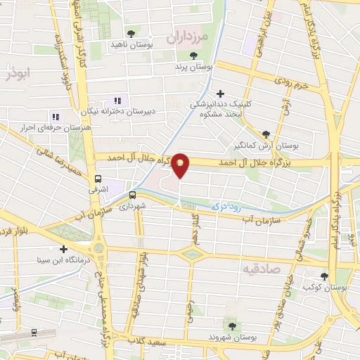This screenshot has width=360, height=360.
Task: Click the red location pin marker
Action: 181,165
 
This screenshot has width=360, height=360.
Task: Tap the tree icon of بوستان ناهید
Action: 131,33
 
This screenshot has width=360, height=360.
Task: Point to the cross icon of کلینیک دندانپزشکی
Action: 221,94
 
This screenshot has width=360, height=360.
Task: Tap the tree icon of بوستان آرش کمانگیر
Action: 266,135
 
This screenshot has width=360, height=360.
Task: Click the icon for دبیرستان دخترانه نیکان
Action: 117,101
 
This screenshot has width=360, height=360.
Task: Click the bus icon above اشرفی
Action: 98,179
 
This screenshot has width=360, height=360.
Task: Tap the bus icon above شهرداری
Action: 131,195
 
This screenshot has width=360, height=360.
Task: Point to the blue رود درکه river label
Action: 230,207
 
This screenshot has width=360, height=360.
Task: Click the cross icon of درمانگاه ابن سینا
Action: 64,249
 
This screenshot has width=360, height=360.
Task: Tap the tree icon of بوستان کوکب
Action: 324,276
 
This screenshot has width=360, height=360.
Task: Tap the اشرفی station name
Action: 98,190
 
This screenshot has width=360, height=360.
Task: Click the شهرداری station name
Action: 131,207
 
